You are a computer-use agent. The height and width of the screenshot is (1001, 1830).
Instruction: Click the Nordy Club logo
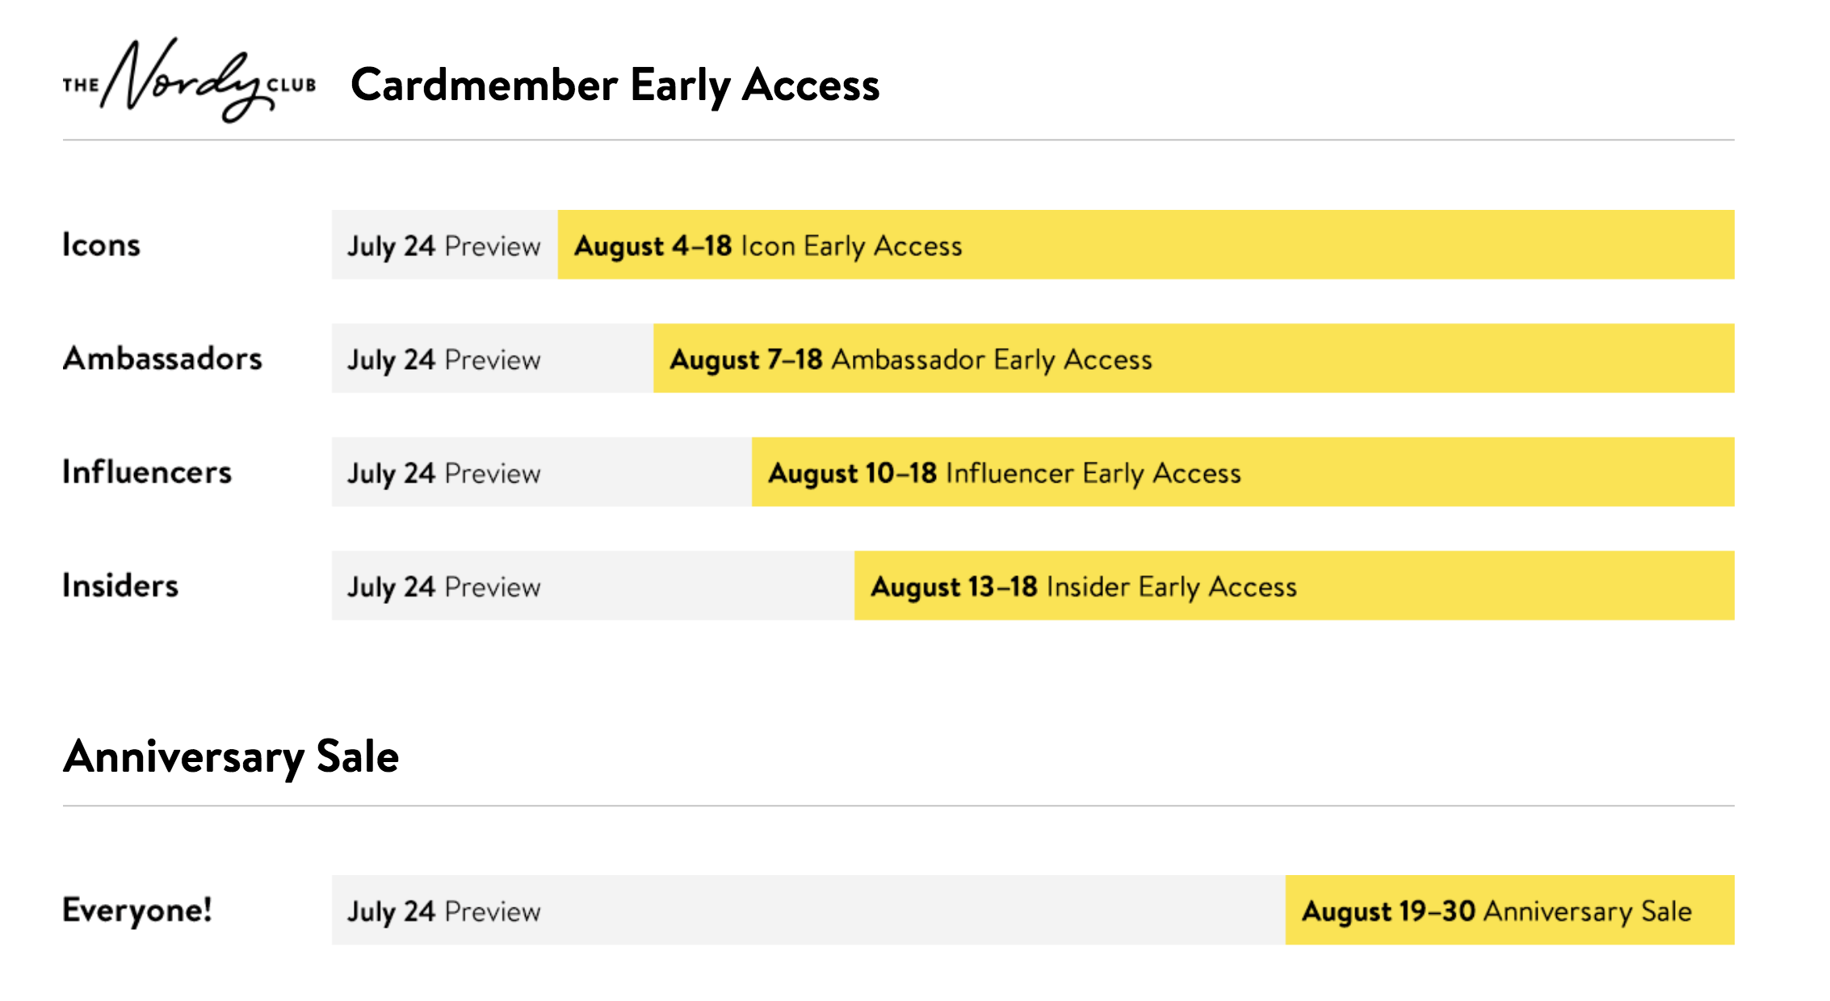[x=189, y=80]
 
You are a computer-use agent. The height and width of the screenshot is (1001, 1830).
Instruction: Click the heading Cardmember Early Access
[x=615, y=86]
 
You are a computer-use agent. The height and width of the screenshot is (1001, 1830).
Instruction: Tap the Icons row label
[x=101, y=245]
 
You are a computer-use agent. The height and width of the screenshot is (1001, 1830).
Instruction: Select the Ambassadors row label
[x=162, y=358]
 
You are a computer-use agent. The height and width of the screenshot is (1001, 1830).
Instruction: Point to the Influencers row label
[x=147, y=472]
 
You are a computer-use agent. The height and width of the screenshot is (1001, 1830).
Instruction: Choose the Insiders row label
[x=120, y=585]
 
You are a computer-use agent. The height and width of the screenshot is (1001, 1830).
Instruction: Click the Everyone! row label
[x=137, y=910]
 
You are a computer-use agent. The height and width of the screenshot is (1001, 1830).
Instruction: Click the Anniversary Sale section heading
[x=231, y=757]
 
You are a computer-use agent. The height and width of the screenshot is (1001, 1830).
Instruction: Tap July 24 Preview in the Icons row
[x=444, y=246]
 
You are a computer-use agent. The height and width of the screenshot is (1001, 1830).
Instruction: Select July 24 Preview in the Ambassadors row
[x=444, y=360]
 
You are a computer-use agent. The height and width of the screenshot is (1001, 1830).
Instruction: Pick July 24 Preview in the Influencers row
[x=444, y=474]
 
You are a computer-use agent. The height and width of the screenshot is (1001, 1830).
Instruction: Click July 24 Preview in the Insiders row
[x=444, y=588]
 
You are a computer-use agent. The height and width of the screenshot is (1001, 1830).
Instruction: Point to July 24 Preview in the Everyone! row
[x=444, y=912]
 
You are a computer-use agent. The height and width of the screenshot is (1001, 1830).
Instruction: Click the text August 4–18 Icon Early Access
[x=768, y=246]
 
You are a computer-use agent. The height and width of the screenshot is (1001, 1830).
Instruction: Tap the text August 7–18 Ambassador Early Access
[x=911, y=360]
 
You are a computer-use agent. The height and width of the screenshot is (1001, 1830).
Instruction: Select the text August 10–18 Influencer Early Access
[x=1005, y=474]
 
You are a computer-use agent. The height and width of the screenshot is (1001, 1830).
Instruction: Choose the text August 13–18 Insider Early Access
[x=1084, y=588]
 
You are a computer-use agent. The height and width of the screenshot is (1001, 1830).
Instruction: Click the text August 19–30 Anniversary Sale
[x=1496, y=912]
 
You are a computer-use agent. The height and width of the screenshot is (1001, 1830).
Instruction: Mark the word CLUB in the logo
[x=292, y=86]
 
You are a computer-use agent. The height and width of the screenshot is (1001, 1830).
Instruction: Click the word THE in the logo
[x=81, y=86]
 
